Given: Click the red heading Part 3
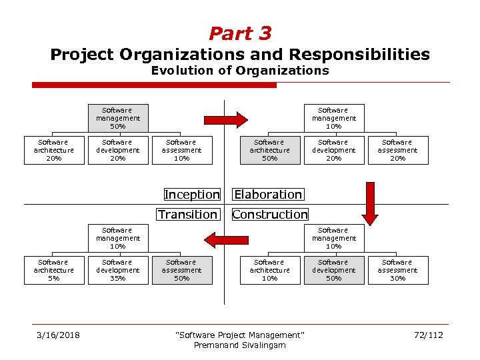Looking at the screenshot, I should click(x=240, y=33).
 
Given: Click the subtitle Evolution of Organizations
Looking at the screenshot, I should click(x=240, y=70).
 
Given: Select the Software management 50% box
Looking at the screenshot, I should click(x=117, y=118).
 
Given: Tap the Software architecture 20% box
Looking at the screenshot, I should click(x=53, y=150).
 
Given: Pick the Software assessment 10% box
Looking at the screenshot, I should click(x=181, y=150).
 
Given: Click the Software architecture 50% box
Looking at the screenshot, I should click(x=269, y=150).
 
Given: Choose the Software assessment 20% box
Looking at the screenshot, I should click(x=397, y=150).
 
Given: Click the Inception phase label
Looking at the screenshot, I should click(x=192, y=195).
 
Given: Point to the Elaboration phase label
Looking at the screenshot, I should click(x=268, y=195).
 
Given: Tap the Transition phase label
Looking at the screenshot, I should click(x=188, y=214).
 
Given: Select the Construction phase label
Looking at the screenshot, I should click(x=270, y=214).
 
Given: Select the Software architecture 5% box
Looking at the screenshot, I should click(x=53, y=270).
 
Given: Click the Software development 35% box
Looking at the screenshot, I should click(x=117, y=270).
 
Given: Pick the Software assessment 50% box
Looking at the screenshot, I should click(x=181, y=270).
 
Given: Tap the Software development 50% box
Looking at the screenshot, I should click(x=333, y=270).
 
